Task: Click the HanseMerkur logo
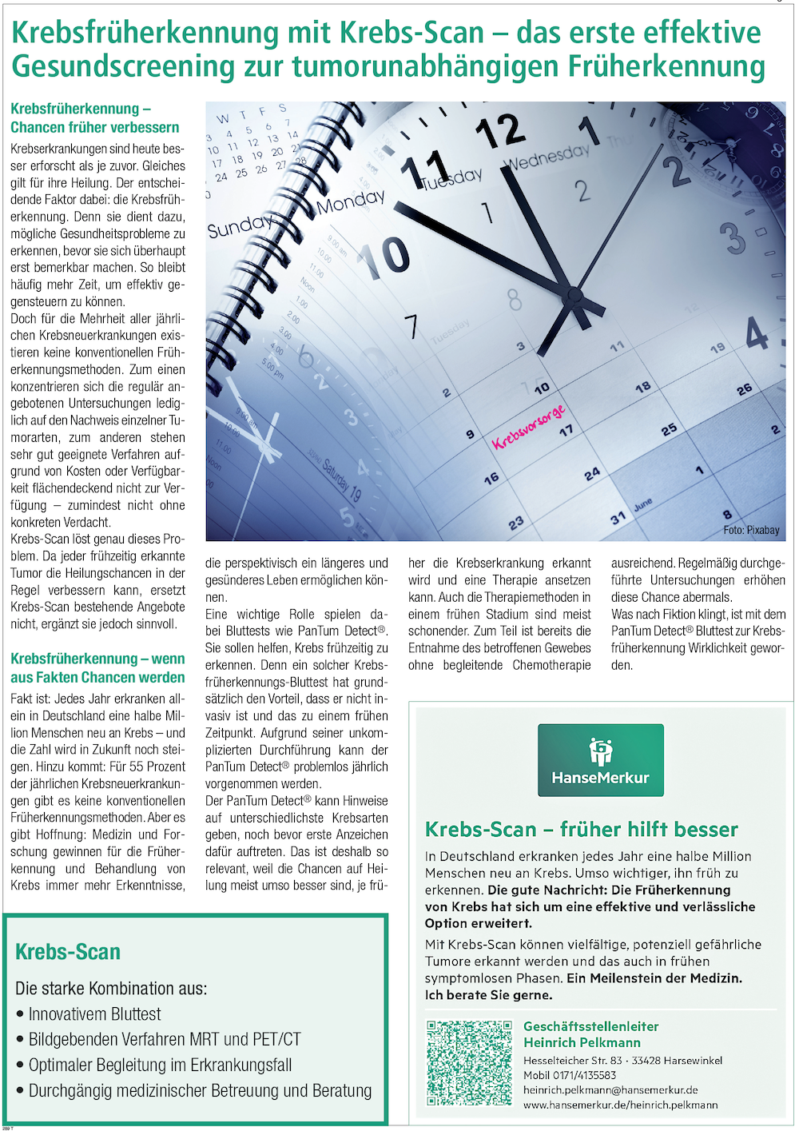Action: pos(600,759)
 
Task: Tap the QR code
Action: pos(469,1063)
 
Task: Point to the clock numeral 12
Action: pos(500,131)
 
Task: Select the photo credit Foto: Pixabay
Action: pos(751,530)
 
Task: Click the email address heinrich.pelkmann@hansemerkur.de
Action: pos(610,1089)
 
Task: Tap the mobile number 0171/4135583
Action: pos(570,1075)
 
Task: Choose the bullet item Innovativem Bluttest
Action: pos(94,1014)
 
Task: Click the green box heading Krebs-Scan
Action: pos(68,952)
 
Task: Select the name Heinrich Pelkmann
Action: pos(582,1042)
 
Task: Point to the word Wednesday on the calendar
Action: pos(547,157)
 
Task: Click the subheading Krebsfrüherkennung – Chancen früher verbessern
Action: pos(94,118)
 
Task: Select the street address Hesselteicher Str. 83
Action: pos(572,1061)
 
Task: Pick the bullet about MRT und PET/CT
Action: pos(165,1040)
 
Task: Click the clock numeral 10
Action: pos(385,257)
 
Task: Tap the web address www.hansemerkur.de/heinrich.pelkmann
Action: pos(620,1105)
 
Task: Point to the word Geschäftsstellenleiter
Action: pos(590,1026)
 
